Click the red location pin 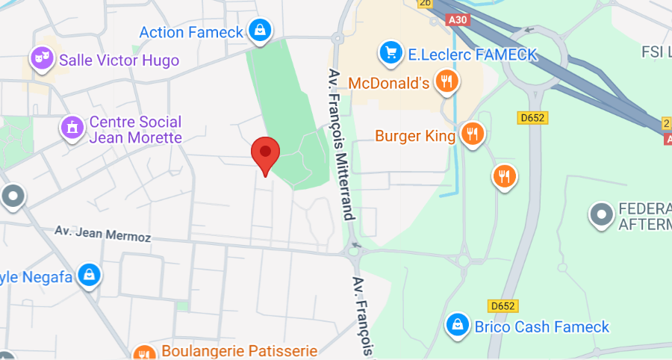[264, 153]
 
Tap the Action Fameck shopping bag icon [258, 31]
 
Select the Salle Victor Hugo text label [119, 60]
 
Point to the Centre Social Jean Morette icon [72, 128]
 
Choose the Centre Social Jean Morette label [135, 129]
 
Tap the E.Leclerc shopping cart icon [390, 52]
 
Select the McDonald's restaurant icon [447, 81]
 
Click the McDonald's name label [389, 82]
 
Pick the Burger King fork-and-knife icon [471, 134]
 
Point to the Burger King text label [415, 136]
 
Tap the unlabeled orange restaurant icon [505, 176]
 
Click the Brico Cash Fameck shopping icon [456, 326]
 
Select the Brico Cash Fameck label [542, 327]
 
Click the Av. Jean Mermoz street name [103, 234]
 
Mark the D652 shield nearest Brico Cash [504, 305]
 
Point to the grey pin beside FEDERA [600, 214]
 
